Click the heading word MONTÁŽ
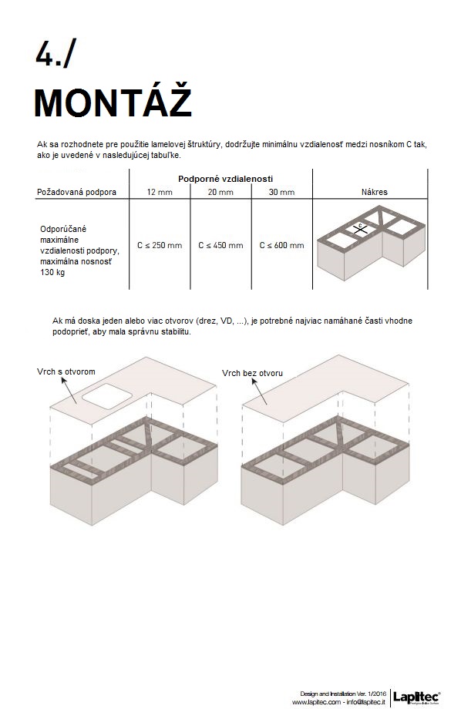click(113, 102)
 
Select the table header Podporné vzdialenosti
click(225, 179)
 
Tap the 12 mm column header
click(160, 192)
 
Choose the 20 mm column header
click(220, 192)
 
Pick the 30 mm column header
click(282, 192)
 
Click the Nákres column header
click(375, 192)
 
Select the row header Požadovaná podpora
click(76, 192)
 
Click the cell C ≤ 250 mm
click(160, 245)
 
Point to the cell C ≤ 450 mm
click(220, 245)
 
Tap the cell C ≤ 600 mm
click(282, 245)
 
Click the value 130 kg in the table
click(52, 272)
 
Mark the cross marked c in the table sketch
click(360, 230)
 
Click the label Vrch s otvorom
click(66, 371)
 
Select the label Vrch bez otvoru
click(252, 373)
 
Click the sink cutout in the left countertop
click(107, 395)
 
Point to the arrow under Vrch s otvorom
click(69, 390)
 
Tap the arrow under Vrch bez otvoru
click(260, 391)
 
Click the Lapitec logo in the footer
click(416, 697)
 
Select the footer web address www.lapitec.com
click(316, 702)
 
